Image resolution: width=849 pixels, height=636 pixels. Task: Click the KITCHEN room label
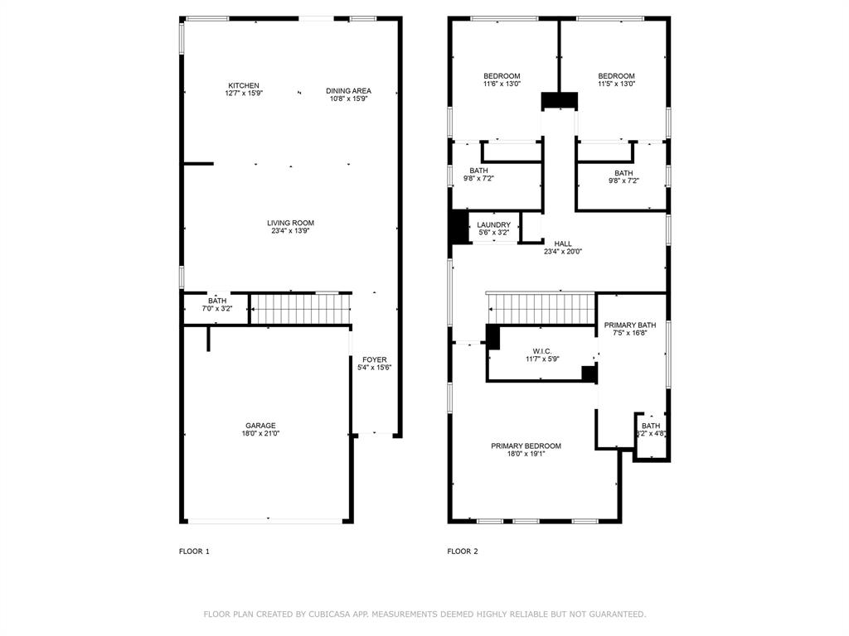pos(244,85)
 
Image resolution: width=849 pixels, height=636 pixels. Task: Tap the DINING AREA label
pos(349,91)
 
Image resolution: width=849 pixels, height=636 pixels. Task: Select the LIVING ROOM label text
pos(291,223)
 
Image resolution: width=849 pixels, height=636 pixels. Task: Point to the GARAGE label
pos(260,426)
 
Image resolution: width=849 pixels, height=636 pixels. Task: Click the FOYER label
pos(375,359)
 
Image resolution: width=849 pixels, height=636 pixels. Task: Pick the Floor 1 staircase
pos(300,309)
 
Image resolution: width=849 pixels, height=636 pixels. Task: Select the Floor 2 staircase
pos(541,308)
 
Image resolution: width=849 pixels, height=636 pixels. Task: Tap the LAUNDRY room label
pos(494,225)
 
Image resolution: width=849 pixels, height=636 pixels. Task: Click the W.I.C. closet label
pos(542,351)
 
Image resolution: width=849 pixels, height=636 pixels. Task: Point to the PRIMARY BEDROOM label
pos(526,446)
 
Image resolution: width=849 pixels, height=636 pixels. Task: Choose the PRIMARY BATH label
pos(630,325)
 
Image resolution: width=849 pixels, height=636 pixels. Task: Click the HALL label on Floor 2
pos(563,244)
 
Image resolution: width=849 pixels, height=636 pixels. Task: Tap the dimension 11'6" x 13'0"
pos(502,84)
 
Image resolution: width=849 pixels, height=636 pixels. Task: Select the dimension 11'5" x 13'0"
pos(617,84)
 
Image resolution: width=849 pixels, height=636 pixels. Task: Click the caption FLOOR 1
pos(194,552)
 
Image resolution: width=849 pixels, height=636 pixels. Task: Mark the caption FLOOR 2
pos(463,552)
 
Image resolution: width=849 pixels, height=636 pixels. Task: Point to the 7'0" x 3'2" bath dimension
pos(217,309)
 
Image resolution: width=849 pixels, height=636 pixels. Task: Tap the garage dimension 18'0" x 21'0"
pos(260,433)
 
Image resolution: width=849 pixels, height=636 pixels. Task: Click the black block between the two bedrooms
pos(560,100)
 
